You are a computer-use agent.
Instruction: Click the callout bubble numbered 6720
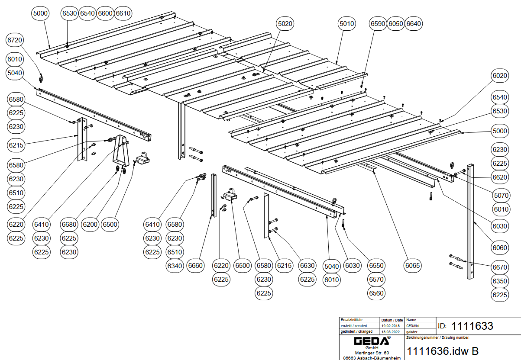pyautogui.click(x=15, y=40)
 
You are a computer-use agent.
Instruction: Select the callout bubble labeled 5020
pyautogui.click(x=285, y=23)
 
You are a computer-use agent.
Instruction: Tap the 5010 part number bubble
pyautogui.click(x=346, y=23)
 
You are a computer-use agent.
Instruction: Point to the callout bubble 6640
pyautogui.click(x=413, y=23)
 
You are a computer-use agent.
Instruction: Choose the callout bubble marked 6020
pyautogui.click(x=500, y=76)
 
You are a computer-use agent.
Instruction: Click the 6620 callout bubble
pyautogui.click(x=500, y=177)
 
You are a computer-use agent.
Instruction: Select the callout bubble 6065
pyautogui.click(x=413, y=265)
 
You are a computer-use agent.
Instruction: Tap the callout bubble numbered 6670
pyautogui.click(x=500, y=267)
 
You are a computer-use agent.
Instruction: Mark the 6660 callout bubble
pyautogui.click(x=195, y=265)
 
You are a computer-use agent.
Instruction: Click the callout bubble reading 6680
pyautogui.click(x=69, y=224)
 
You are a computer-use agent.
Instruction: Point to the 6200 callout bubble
pyautogui.click(x=90, y=224)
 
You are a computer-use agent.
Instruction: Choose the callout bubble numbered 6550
pyautogui.click(x=376, y=265)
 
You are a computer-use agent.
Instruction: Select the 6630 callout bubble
pyautogui.click(x=307, y=265)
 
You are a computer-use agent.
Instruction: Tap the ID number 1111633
pyautogui.click(x=472, y=326)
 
